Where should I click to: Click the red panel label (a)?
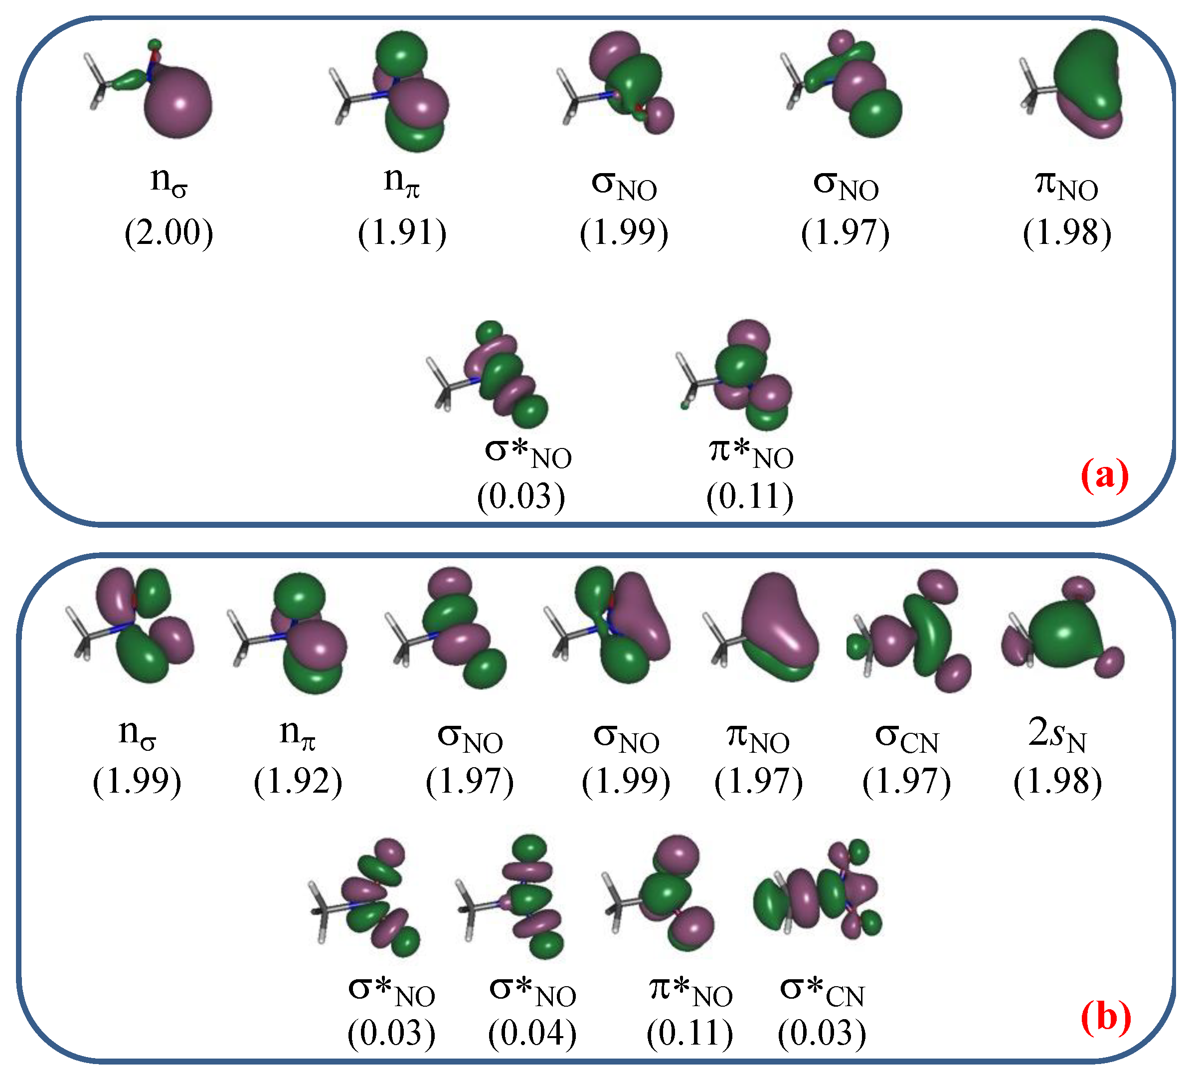point(1104,475)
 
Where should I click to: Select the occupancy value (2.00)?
point(169,232)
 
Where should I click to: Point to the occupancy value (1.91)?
point(402,232)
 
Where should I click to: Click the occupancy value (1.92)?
point(298,782)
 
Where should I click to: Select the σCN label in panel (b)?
point(906,738)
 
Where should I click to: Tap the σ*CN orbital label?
point(822,991)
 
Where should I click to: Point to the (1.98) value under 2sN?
point(1057,782)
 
